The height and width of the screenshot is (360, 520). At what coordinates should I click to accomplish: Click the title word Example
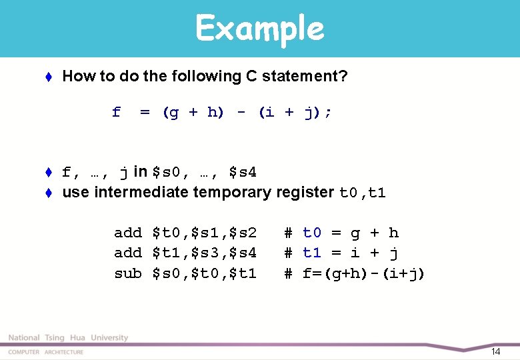coord(259,29)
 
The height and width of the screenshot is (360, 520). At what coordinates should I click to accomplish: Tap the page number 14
coord(495,351)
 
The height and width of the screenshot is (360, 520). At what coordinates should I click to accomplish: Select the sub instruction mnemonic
coord(128,273)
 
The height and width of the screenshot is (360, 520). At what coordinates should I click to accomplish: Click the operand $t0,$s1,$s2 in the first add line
coord(205,233)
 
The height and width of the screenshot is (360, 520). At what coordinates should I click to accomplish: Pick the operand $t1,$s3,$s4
coord(205,253)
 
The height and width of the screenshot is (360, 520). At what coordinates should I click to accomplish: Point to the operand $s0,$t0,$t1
coord(205,273)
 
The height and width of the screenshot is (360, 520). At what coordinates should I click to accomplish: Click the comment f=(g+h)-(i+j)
coord(364,273)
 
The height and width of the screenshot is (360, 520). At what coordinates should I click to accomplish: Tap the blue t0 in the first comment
coord(312,233)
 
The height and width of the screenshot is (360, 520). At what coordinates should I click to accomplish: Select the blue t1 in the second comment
coord(312,253)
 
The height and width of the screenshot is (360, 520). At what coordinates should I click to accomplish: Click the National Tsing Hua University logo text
coord(68,338)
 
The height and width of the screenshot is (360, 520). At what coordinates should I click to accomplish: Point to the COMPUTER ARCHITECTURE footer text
coord(46,352)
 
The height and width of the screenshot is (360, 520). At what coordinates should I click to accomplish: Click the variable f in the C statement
coord(117,113)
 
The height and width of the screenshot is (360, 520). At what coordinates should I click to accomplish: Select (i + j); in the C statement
coord(295,113)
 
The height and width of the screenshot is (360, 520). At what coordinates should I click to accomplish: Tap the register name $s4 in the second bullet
coord(243,173)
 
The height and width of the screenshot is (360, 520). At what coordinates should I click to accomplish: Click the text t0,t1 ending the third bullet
coord(363,193)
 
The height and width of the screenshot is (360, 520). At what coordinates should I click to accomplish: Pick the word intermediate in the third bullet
coord(141,193)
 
